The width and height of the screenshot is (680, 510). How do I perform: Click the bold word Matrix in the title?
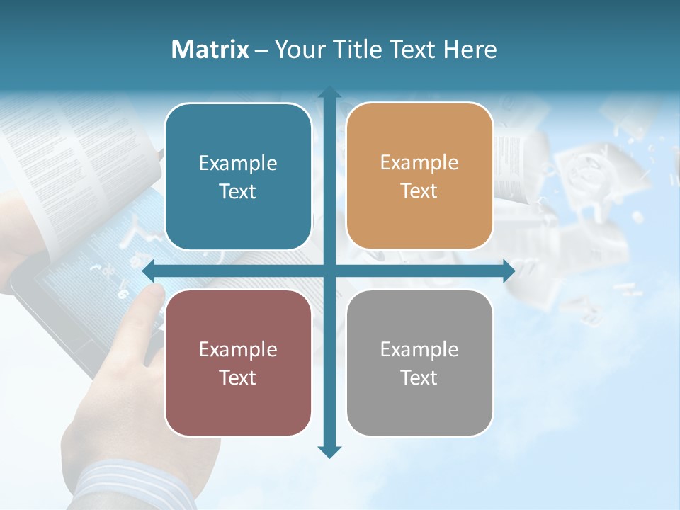(x=210, y=50)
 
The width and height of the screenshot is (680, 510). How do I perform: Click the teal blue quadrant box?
(x=238, y=176)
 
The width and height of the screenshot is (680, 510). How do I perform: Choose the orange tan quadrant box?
(x=419, y=176)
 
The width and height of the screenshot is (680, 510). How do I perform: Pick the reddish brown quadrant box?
(x=238, y=363)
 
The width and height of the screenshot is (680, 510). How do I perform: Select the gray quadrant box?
(x=419, y=363)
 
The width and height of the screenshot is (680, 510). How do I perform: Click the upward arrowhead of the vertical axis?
(x=329, y=92)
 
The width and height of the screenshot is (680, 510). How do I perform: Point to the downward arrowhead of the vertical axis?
(x=329, y=451)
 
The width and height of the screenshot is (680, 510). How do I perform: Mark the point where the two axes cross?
(x=329, y=271)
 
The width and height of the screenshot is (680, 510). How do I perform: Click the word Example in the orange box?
(x=419, y=162)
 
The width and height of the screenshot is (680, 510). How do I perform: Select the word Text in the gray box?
(x=419, y=378)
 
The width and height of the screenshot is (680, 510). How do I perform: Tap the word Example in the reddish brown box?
(x=238, y=349)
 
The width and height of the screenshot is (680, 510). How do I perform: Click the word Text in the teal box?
(x=238, y=191)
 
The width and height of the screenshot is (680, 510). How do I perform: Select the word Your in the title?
(x=298, y=50)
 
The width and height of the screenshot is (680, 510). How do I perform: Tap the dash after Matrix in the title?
(x=261, y=50)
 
